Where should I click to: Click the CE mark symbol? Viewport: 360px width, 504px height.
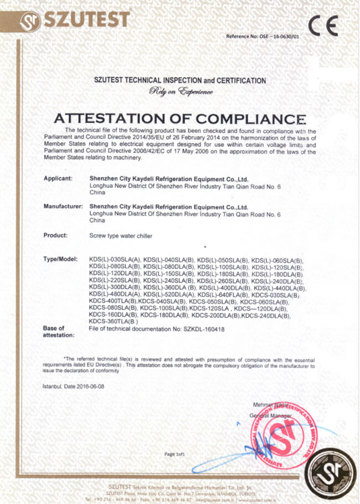pyautogui.click(x=323, y=25)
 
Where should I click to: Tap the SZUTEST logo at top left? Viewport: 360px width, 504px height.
pyautogui.click(x=74, y=20)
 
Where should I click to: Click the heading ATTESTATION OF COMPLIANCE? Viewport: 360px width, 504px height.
pyautogui.click(x=179, y=118)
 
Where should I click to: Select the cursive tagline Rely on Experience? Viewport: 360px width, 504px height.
pyautogui.click(x=180, y=91)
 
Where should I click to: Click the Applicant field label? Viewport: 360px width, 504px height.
pyautogui.click(x=58, y=179)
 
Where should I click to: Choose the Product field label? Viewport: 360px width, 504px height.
pyautogui.click(x=55, y=235)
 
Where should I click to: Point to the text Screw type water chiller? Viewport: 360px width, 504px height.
pyautogui.click(x=121, y=236)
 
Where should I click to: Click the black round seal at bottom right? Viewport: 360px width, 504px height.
pyautogui.click(x=331, y=475)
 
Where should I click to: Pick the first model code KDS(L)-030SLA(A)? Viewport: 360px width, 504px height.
pyautogui.click(x=115, y=260)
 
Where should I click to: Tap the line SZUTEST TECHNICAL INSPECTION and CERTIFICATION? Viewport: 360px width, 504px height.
pyautogui.click(x=180, y=81)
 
